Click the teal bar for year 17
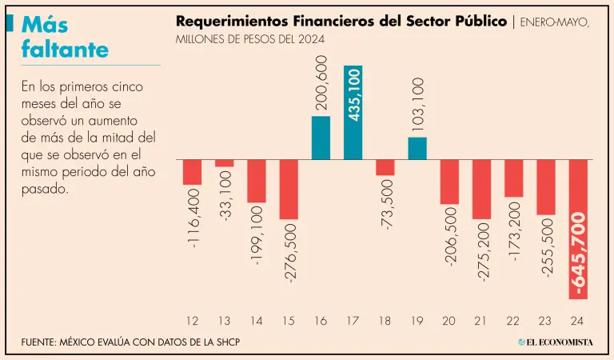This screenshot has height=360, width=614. pos(353,112)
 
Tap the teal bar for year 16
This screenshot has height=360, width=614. pos(321,138)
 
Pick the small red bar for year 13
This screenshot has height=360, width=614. pos(224,163)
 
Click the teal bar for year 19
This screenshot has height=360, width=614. pos(417,148)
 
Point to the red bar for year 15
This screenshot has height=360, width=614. pos(289,189)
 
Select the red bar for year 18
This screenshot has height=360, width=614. pos(385,167)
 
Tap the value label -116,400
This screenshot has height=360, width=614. pos(192,217)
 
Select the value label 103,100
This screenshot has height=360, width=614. pos(417,106)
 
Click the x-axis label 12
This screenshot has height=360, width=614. pos(192,321)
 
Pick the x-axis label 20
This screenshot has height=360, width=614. pos(449,321)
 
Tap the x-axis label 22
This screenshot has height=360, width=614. pos(513,321)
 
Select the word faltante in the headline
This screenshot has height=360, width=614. pos(66,50)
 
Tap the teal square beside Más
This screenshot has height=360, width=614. pos(9,24)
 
